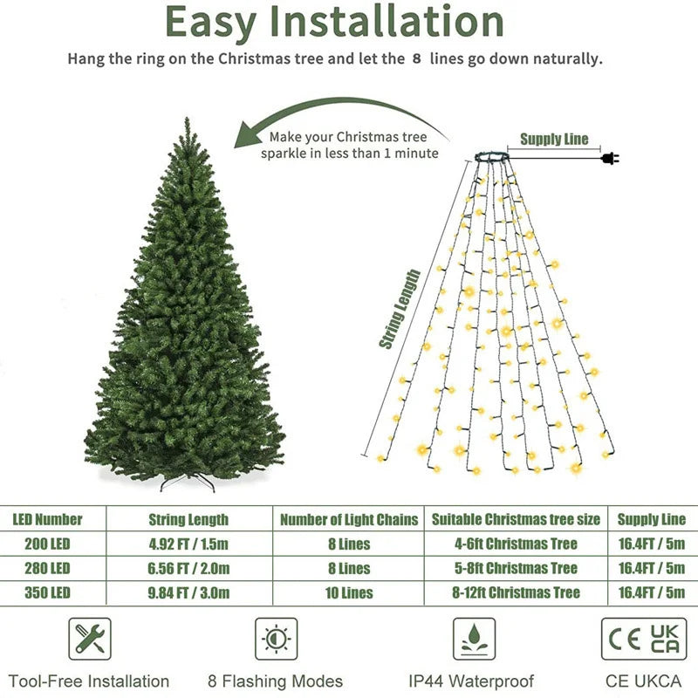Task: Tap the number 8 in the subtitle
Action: pyautogui.click(x=416, y=60)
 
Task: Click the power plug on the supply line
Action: pyautogui.click(x=608, y=158)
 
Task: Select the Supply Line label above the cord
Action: pyautogui.click(x=554, y=140)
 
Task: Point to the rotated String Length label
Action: pyautogui.click(x=400, y=310)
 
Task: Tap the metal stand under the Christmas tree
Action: pyautogui.click(x=187, y=482)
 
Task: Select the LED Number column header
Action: pyautogui.click(x=47, y=519)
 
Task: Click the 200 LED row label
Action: pyautogui.click(x=42, y=544)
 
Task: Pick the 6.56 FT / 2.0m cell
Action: pyautogui.click(x=189, y=568)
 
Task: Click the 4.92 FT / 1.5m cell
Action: pyautogui.click(x=189, y=544)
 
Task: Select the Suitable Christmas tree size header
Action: pyautogui.click(x=517, y=519)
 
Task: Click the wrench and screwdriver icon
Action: pyautogui.click(x=90, y=640)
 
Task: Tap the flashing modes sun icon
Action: pyautogui.click(x=276, y=640)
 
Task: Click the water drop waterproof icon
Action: pyautogui.click(x=474, y=640)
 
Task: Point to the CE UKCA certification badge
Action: pyautogui.click(x=644, y=640)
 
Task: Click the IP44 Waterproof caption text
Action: pyautogui.click(x=471, y=681)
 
